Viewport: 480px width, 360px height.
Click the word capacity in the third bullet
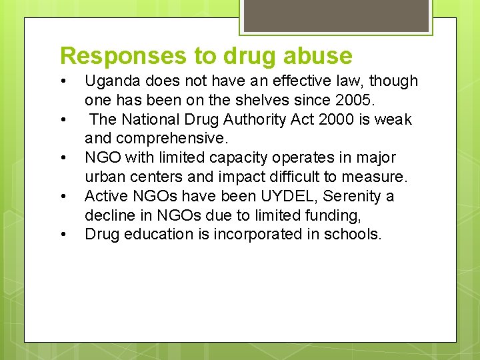[x=235, y=158]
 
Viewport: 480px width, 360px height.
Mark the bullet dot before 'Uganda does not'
[x=62, y=82]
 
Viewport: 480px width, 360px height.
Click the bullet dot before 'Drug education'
[x=62, y=235]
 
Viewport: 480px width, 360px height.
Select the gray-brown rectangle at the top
[x=336, y=15]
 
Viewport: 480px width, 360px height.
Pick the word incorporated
[x=255, y=235]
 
